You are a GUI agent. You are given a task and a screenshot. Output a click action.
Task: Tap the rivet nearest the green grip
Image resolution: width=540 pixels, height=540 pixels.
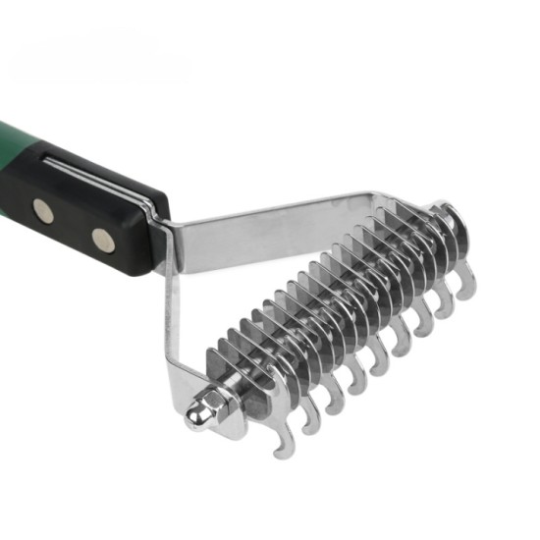click(43, 208)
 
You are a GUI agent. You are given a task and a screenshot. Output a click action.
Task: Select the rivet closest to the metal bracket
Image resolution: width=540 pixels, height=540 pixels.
click(102, 238)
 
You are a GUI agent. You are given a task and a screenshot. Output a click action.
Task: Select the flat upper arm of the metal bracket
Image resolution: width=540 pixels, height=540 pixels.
click(275, 222)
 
